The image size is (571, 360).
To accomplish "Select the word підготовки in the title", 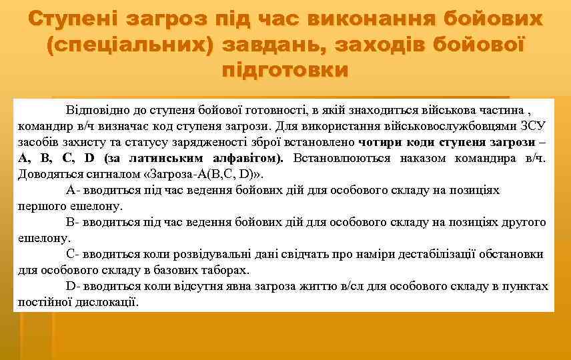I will click(x=285, y=69).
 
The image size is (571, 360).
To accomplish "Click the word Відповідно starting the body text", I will click(x=96, y=109).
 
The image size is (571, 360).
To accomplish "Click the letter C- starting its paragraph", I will click(x=73, y=254).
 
